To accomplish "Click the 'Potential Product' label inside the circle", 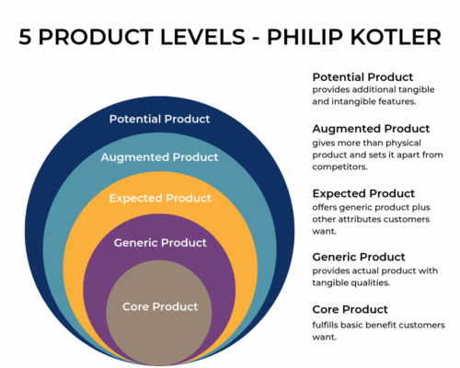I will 159,119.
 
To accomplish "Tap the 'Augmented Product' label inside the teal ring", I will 159,157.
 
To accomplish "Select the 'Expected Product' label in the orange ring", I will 159,198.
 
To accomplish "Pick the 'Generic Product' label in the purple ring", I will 159,243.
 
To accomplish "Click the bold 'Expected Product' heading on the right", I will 363,193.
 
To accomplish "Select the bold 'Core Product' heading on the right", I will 350,309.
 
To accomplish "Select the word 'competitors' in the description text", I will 344,168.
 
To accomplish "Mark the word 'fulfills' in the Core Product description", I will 328,325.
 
